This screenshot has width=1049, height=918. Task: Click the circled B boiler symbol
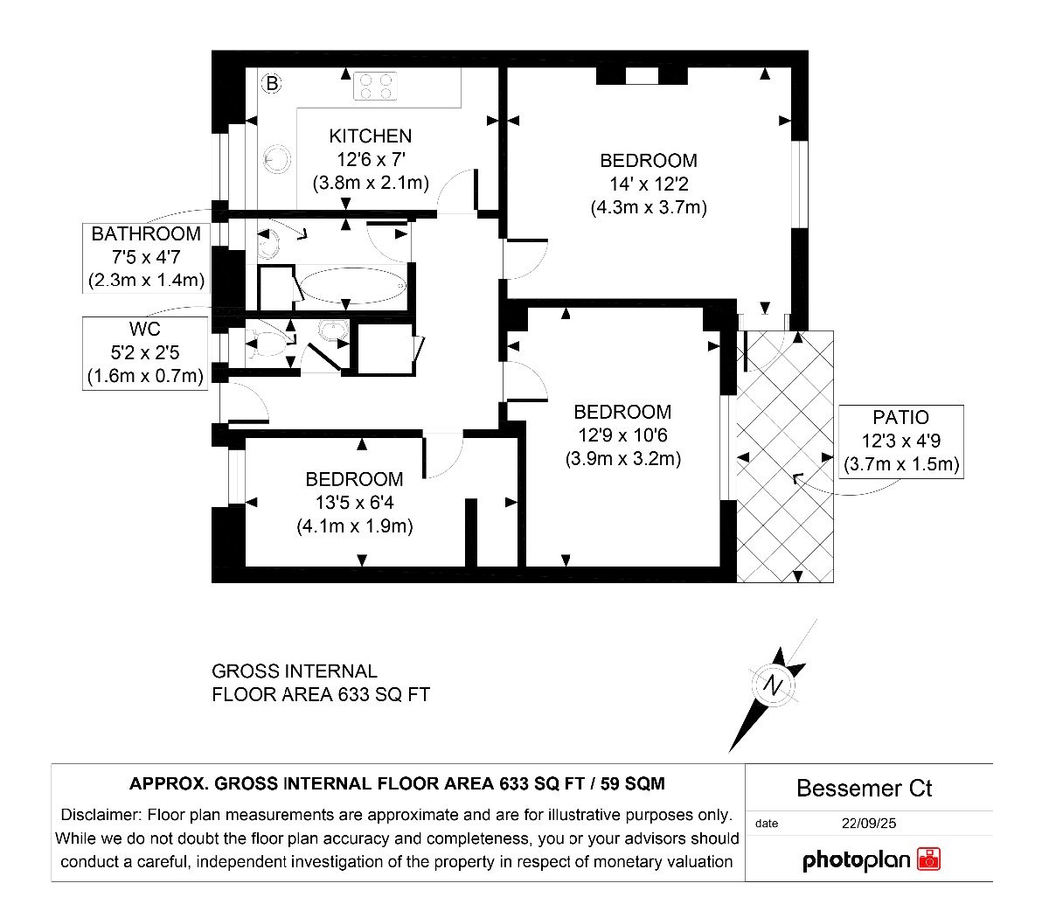(272, 83)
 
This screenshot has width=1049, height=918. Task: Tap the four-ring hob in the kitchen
(375, 87)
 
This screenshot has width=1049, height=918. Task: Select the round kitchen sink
(277, 159)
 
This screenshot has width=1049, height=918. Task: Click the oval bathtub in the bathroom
(353, 286)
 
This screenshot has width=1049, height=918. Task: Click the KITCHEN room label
(370, 136)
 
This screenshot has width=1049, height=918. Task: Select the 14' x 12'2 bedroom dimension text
(649, 184)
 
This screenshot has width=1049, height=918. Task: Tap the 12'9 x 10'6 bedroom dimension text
(623, 435)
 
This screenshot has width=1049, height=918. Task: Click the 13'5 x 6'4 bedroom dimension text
(354, 503)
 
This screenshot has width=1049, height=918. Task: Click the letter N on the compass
(773, 685)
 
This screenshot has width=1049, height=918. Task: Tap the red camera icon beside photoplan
(928, 859)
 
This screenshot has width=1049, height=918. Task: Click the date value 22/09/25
(869, 823)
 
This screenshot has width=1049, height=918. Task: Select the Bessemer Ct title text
(864, 789)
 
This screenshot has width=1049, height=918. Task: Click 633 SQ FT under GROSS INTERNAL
(384, 694)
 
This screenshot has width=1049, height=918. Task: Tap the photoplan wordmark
(856, 860)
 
